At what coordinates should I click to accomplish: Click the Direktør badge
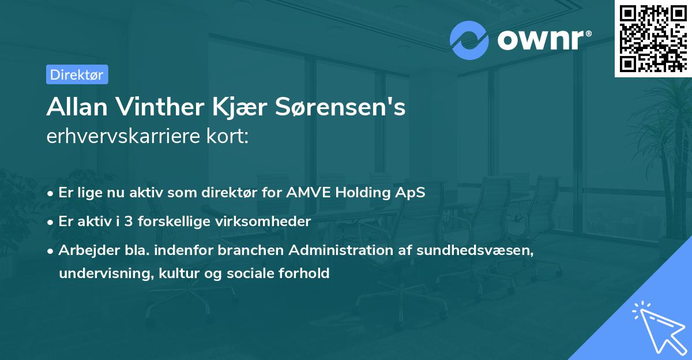click(77, 74)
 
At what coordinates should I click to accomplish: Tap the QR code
click(653, 38)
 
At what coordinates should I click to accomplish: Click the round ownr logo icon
click(469, 40)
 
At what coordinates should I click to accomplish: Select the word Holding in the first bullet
click(362, 193)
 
